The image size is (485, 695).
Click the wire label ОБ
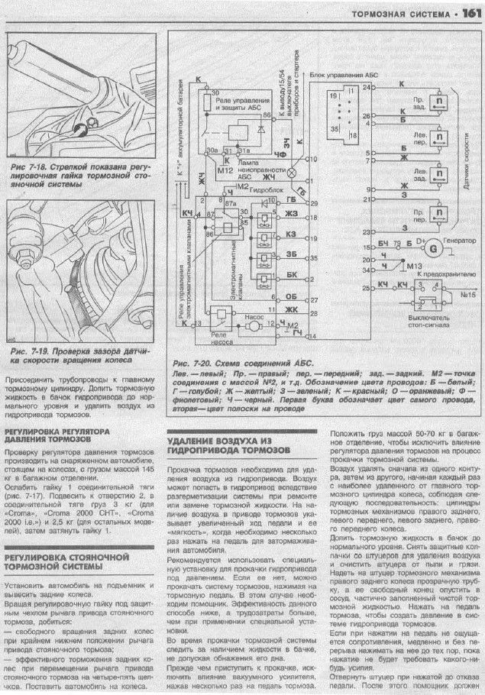[290, 296]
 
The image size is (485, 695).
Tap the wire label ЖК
[290, 310]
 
